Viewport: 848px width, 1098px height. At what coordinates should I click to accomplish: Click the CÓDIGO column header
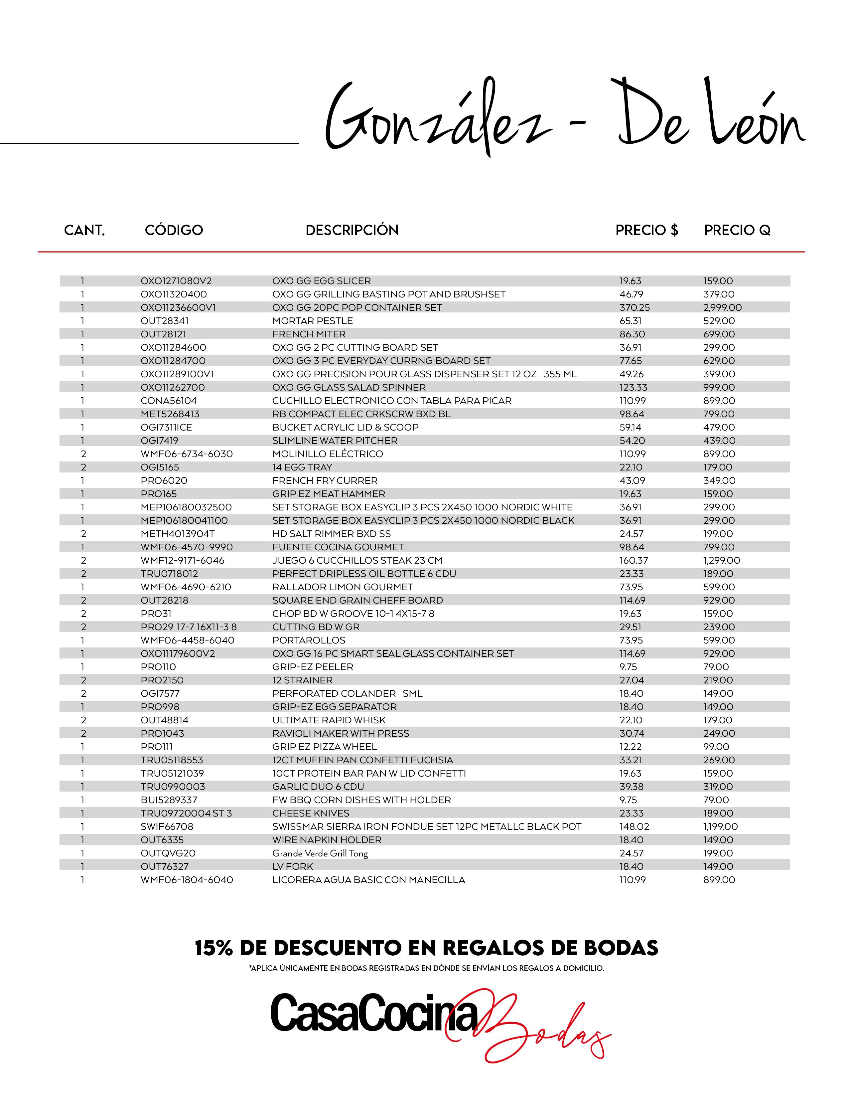click(x=174, y=230)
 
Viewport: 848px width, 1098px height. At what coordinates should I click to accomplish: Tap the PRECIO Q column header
click(x=737, y=230)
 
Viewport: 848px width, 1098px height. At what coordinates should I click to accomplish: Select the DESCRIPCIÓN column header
click(x=352, y=230)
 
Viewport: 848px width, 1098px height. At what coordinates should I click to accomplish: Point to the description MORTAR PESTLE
click(x=313, y=321)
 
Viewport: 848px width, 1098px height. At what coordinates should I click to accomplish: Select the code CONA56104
click(x=169, y=401)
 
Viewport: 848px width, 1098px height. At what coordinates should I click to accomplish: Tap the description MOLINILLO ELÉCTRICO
click(x=328, y=454)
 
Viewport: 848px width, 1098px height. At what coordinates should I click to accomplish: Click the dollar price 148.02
click(x=634, y=826)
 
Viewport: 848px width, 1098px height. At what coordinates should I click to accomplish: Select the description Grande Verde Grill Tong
click(x=320, y=853)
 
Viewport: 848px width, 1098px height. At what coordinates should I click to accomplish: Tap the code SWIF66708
click(x=167, y=826)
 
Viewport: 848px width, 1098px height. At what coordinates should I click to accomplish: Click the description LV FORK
click(x=292, y=866)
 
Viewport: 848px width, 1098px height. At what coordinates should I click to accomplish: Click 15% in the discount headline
click(x=213, y=948)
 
